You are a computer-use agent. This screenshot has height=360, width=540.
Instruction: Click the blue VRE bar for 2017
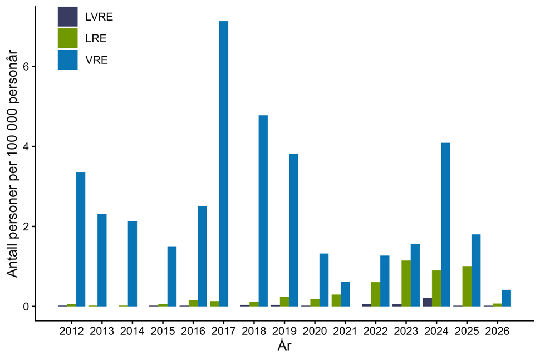coord(223,164)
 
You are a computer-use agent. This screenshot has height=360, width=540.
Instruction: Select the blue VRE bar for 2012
coord(81,239)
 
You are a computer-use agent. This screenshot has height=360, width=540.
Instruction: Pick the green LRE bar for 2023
coord(406,283)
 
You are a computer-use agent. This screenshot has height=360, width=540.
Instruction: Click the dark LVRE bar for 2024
coord(427,302)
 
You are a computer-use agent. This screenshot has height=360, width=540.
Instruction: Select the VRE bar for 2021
coord(345,294)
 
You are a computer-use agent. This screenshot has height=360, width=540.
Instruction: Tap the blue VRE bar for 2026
coord(506,298)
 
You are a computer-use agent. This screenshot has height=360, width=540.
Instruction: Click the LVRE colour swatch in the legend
coord(67,17)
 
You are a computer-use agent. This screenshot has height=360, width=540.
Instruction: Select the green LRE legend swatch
coord(67,38)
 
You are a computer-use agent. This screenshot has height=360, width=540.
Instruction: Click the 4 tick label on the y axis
coord(25,146)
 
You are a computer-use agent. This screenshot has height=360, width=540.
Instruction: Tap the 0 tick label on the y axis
coord(25,307)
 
